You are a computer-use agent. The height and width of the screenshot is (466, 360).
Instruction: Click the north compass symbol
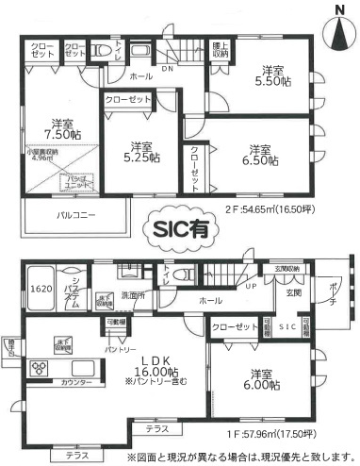(x=338, y=28)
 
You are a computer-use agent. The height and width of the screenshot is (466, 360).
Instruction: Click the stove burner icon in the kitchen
(x=41, y=368)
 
